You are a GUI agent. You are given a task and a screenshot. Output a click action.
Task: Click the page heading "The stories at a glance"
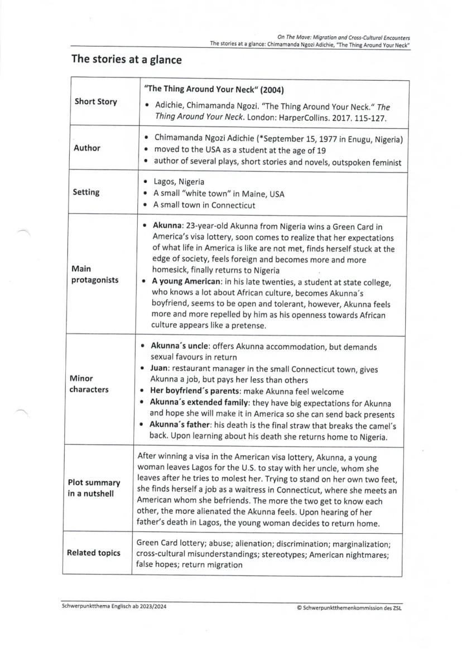coord(126,59)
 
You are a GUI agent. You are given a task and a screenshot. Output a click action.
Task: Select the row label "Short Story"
coord(96,102)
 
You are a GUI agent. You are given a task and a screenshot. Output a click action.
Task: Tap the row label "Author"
coord(88,148)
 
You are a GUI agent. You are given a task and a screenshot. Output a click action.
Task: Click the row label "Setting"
coord(87,192)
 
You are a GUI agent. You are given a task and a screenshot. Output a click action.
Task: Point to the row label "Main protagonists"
coord(94,275)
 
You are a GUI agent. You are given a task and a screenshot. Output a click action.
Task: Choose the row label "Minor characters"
coord(89,384)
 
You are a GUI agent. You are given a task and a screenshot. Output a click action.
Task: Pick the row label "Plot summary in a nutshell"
coord(94,488)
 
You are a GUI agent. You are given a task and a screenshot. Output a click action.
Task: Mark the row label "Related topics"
coord(94,553)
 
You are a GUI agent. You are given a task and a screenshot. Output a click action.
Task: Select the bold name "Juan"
coord(161,368)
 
